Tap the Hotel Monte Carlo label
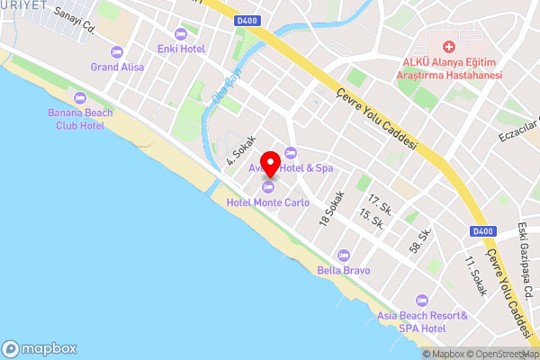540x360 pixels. (x=269, y=202)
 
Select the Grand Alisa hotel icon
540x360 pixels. (x=117, y=51)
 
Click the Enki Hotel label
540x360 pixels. (x=180, y=49)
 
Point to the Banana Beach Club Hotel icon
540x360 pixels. (x=80, y=97)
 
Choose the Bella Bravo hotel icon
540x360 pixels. (x=342, y=256)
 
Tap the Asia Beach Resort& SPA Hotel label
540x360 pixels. (x=422, y=322)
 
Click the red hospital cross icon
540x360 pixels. (x=448, y=45)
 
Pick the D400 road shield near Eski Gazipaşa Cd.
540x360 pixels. (x=482, y=232)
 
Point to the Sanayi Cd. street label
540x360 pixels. (x=75, y=19)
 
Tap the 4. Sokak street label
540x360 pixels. (x=241, y=151)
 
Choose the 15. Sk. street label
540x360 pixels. (x=371, y=219)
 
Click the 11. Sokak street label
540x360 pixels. (x=472, y=276)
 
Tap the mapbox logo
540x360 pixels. (x=40, y=348)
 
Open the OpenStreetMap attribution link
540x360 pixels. (x=495, y=354)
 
